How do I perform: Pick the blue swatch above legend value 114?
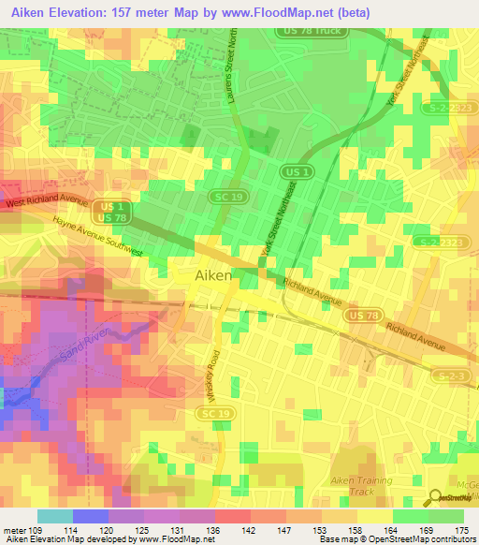click(90, 516)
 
